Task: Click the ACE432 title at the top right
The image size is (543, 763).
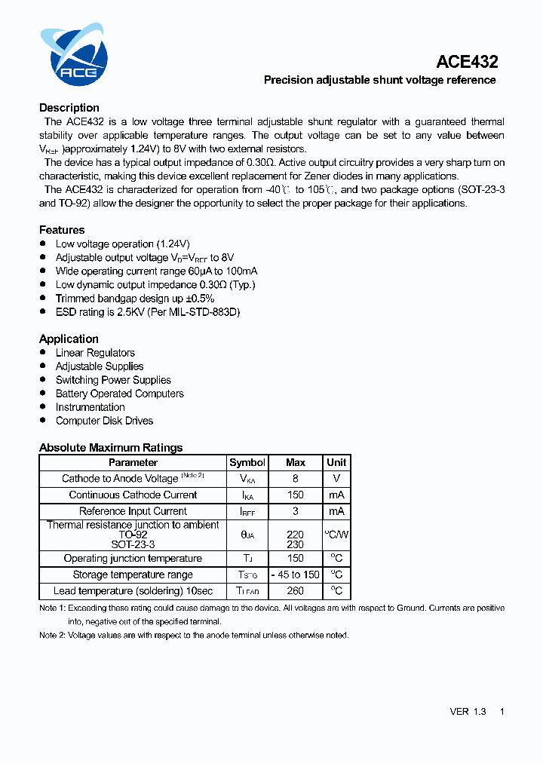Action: point(467,63)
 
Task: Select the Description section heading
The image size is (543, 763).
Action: point(69,108)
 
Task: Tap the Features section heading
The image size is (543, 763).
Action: point(62,230)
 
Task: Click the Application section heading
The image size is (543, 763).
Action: point(69,339)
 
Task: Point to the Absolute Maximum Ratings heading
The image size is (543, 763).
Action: point(111,448)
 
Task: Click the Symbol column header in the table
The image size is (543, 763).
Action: point(247,463)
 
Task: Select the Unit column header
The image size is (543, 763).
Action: point(336,463)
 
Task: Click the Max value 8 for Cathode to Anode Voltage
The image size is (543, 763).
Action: point(296,479)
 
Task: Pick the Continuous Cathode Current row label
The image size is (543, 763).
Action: point(133,495)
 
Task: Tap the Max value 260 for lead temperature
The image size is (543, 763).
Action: point(296,591)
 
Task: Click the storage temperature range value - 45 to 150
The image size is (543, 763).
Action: point(296,575)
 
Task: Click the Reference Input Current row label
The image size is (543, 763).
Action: point(133,511)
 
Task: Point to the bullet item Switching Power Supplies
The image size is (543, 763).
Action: point(113,380)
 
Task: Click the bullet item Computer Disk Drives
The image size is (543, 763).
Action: point(104,421)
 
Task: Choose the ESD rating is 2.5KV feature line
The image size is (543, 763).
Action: point(147,312)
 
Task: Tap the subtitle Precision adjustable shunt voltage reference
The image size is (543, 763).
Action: point(379,80)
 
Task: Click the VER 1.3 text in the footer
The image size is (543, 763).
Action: point(468,712)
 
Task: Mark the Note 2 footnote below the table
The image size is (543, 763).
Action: point(194,636)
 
